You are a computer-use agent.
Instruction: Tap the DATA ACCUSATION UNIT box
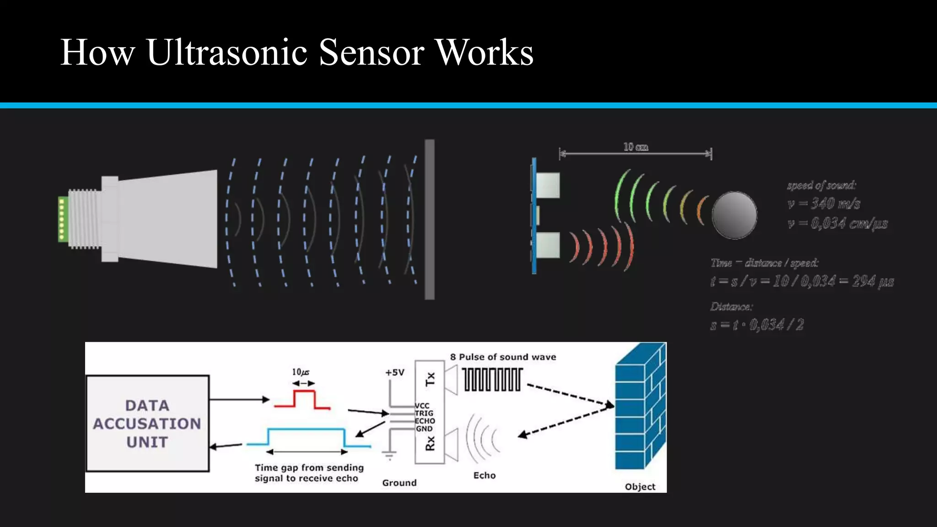coord(147,424)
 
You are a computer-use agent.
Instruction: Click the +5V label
coord(394,372)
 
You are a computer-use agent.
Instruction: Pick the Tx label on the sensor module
coord(430,379)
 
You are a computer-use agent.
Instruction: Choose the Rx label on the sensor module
coord(430,443)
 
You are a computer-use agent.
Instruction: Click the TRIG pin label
coord(424,413)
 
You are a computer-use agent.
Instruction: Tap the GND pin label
coord(424,429)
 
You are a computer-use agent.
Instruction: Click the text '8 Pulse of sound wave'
coord(503,357)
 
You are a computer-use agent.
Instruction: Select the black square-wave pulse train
coord(492,380)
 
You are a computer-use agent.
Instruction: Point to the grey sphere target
coord(734,215)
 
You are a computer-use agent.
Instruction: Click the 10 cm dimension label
coord(635,147)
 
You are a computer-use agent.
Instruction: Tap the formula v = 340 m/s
coord(824,203)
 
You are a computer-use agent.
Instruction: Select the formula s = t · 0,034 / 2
coord(757,325)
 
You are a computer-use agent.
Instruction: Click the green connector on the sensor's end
coord(63,219)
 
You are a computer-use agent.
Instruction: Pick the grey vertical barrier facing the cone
coord(430,220)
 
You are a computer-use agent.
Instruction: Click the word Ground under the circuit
coord(399,483)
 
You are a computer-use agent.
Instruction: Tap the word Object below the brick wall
coord(640,487)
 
